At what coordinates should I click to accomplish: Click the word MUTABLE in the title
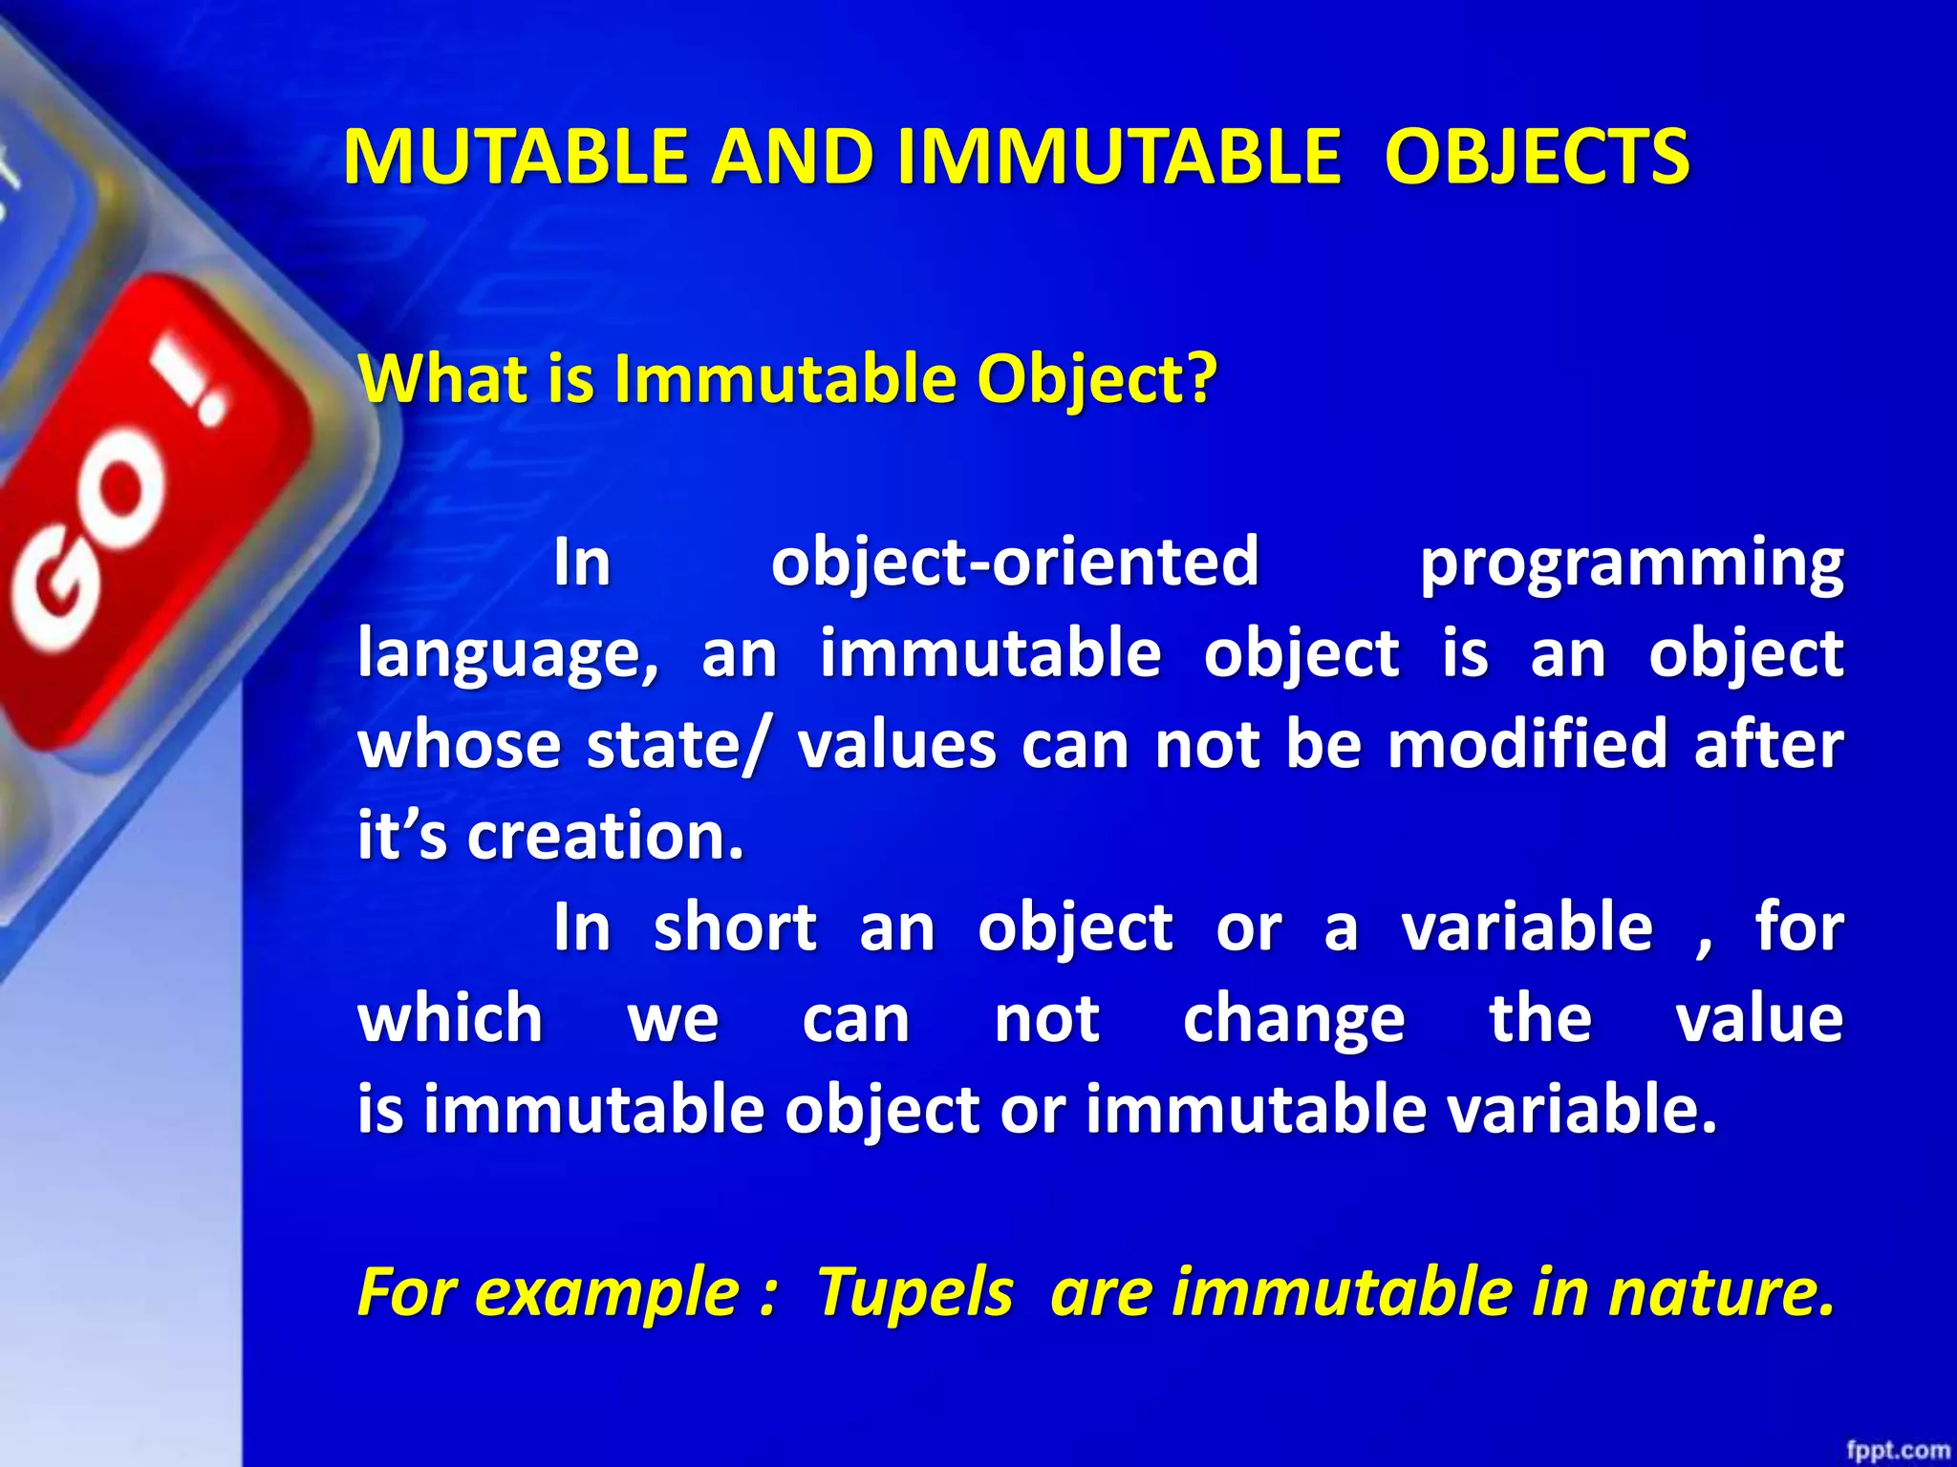point(515,158)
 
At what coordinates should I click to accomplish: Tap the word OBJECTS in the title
point(1537,158)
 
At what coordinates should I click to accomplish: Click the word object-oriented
point(1015,562)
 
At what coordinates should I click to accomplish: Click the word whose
point(459,745)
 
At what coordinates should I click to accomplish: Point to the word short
point(735,927)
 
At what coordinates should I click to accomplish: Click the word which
point(450,1018)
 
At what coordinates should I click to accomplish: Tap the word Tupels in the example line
point(914,1293)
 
